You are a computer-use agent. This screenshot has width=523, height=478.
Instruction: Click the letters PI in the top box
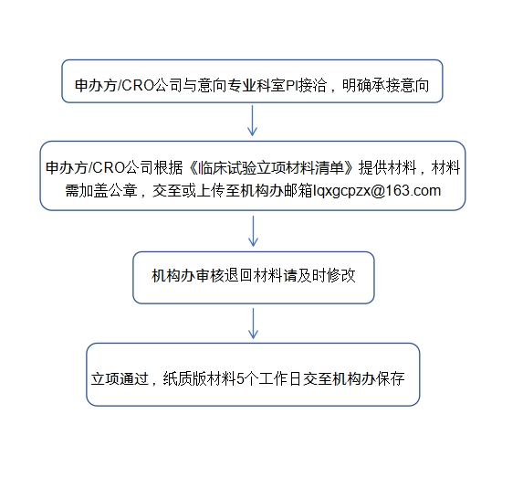(291, 86)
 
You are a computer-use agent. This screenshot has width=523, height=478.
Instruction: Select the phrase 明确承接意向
(385, 86)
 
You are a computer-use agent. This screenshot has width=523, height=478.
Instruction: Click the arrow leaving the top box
(252, 121)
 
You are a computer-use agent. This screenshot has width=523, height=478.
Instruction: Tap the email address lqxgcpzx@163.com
(377, 191)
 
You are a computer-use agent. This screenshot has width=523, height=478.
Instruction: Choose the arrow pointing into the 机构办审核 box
(253, 231)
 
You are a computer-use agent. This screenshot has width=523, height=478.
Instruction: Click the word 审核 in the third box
(210, 276)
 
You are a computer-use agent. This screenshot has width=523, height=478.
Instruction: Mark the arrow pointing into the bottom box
(253, 324)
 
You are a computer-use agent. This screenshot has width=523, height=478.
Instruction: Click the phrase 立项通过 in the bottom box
(120, 379)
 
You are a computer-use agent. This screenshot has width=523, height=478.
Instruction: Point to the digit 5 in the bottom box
(240, 379)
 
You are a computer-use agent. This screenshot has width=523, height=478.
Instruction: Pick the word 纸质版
(184, 379)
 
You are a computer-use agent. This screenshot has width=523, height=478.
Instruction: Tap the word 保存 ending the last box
(391, 379)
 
